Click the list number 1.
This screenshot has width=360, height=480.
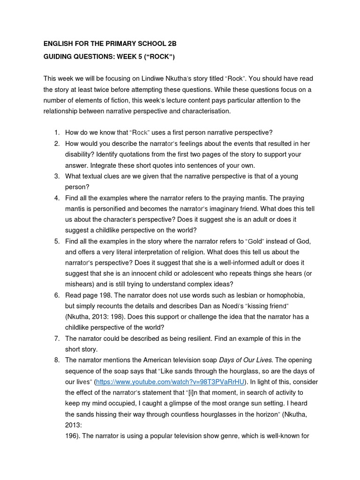56,132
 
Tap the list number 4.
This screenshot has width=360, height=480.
56,197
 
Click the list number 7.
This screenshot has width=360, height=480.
56,338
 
